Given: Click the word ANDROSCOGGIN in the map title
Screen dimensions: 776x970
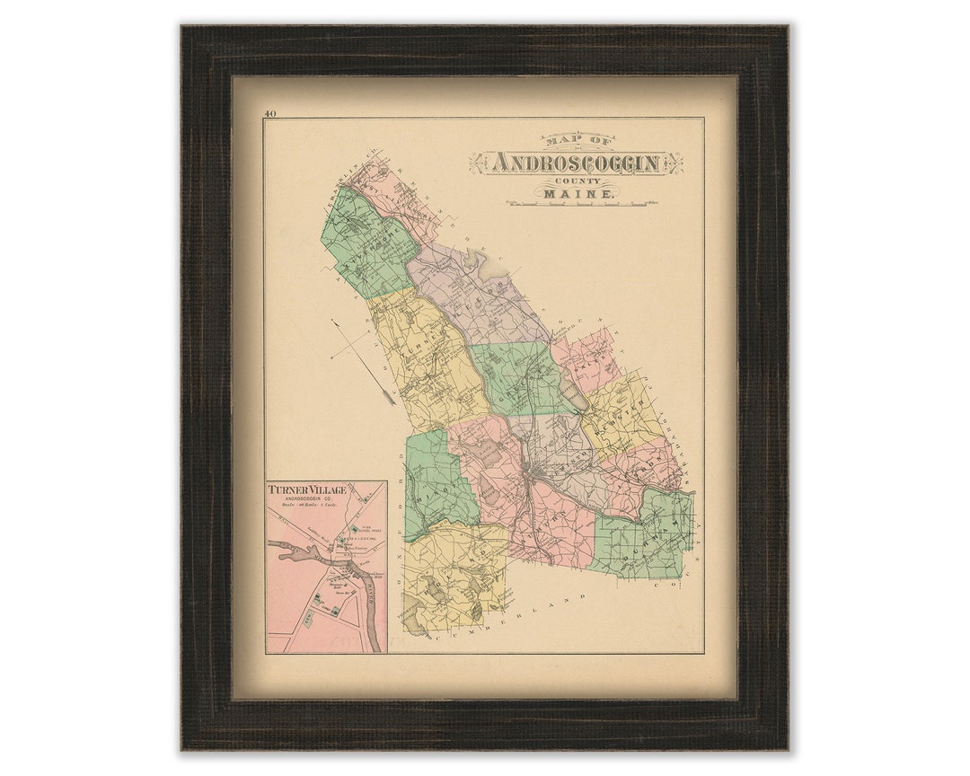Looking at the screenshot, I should [577, 163].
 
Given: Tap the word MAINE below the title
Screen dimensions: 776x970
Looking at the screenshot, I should [577, 194].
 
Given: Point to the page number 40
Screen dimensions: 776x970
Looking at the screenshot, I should [269, 113].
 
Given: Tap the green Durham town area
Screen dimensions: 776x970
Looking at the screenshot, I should [647, 534].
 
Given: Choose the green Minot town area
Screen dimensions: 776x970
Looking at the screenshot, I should [436, 485].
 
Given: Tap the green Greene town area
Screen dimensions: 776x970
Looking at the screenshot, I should [516, 377].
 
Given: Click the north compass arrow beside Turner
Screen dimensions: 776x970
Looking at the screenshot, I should [364, 359].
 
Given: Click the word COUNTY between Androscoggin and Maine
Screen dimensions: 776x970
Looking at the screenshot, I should [577, 181].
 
